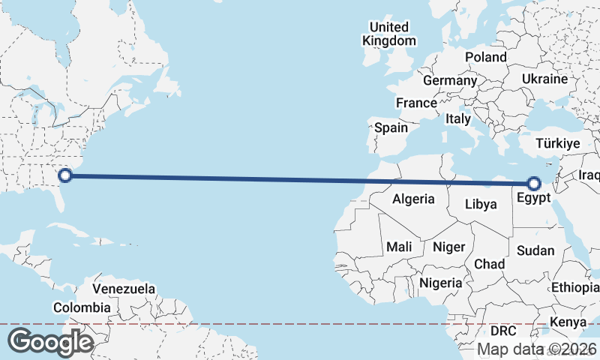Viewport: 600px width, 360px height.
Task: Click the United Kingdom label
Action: [x=388, y=34]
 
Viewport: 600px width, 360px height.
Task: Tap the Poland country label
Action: [x=486, y=57]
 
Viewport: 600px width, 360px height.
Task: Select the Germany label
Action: [x=450, y=80]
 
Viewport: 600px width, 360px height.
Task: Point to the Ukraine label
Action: [x=545, y=79]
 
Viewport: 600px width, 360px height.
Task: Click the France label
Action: [x=416, y=103]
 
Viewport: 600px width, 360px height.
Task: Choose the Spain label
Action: [x=391, y=127]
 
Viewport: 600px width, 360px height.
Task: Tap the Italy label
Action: [x=458, y=118]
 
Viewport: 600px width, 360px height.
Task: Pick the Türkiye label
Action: [x=559, y=143]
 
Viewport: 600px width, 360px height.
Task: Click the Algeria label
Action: [x=413, y=199]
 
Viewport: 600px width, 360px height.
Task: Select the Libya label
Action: [x=481, y=204]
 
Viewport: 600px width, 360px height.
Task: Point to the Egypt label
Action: [x=534, y=199]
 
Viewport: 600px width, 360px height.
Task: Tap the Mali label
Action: [x=399, y=247]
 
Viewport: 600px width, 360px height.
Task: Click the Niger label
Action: [x=449, y=247]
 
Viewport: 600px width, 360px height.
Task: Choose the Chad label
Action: [x=489, y=265]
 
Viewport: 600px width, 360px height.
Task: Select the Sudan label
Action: [x=536, y=250]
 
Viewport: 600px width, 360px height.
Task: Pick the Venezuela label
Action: [x=124, y=289]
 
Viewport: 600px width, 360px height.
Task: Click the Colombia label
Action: [x=82, y=307]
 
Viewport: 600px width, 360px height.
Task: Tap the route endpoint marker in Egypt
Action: [x=534, y=183]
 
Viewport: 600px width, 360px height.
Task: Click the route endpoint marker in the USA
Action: [x=65, y=175]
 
